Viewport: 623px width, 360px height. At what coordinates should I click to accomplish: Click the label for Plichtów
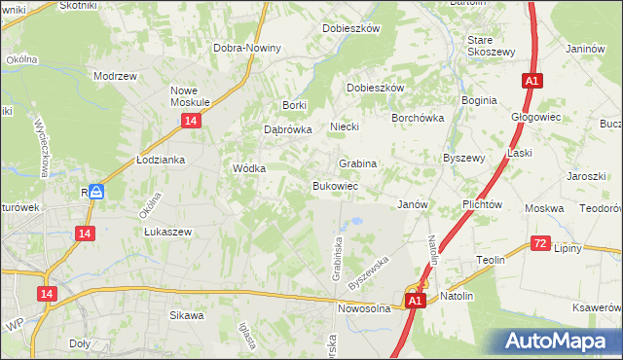click(483, 205)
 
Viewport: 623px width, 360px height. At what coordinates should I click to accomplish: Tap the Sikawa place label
click(187, 315)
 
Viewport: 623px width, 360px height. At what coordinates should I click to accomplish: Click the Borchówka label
click(418, 118)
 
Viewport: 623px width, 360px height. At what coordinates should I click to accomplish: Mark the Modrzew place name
click(113, 75)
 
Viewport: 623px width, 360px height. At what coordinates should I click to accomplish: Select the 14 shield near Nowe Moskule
click(191, 120)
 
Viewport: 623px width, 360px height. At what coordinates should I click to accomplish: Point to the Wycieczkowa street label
click(42, 148)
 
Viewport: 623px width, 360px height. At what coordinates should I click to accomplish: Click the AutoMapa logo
click(560, 341)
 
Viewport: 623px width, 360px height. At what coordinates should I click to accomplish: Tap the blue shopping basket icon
click(96, 192)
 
